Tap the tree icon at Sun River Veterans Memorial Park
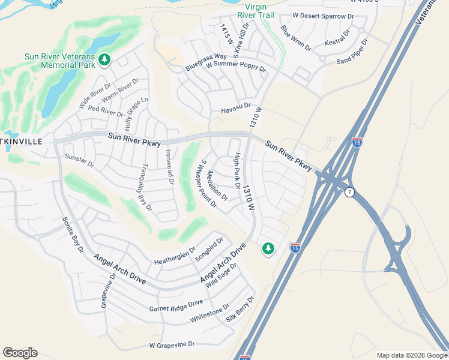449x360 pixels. click(x=105, y=59)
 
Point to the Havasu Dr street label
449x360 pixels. click(x=235, y=106)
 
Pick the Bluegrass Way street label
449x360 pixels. click(x=206, y=62)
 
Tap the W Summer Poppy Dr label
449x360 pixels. click(x=235, y=65)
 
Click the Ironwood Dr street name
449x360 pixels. click(x=169, y=167)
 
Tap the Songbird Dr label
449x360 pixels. click(x=209, y=250)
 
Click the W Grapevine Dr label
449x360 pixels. click(x=172, y=345)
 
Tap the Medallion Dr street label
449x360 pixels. click(x=217, y=185)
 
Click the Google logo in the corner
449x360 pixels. click(x=20, y=353)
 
